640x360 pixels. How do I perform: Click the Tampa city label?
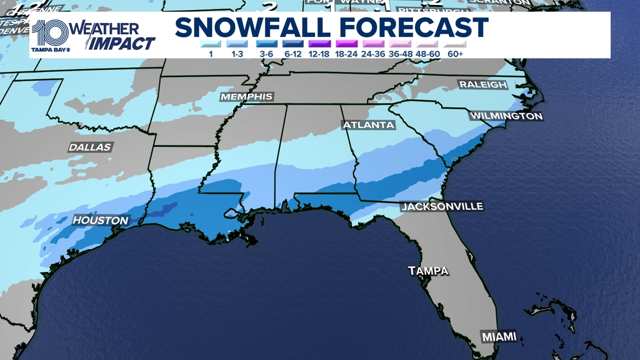coord(428,271)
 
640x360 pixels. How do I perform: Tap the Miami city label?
coord(499,336)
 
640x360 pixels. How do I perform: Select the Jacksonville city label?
coord(442,207)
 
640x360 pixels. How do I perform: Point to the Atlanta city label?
coord(368,125)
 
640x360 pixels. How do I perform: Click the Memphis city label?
coord(246,97)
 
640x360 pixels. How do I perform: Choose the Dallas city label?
coord(90,148)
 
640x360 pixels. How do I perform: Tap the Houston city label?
coord(100,221)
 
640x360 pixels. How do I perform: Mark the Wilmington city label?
coord(506,116)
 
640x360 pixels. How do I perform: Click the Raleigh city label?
coord(483,85)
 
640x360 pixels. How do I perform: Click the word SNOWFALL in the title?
coord(253,28)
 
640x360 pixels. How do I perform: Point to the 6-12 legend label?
coord(292,54)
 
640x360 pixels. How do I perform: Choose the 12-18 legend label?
coord(319,54)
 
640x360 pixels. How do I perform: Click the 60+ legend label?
coord(455,54)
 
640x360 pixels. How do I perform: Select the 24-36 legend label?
coord(374,54)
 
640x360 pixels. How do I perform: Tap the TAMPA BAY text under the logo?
coord(51,49)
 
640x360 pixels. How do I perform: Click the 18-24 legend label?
coord(346,54)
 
